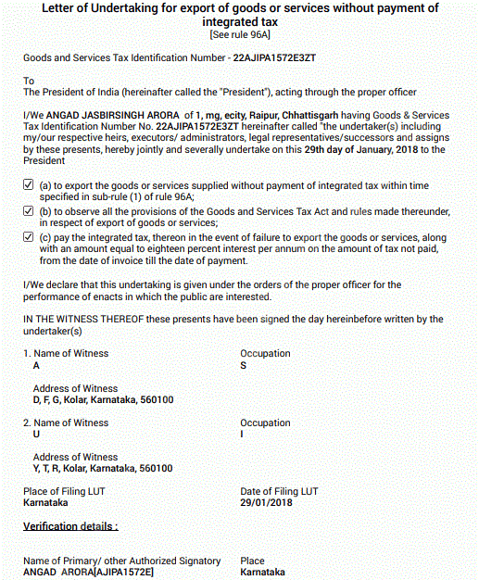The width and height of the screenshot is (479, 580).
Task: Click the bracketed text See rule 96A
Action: point(241,34)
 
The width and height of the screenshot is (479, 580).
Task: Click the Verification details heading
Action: point(70,526)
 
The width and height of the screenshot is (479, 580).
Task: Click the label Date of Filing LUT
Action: point(279,491)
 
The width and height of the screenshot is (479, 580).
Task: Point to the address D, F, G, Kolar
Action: point(103,400)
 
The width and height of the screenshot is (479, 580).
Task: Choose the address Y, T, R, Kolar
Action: point(103,469)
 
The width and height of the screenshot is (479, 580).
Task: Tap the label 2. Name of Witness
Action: point(66,423)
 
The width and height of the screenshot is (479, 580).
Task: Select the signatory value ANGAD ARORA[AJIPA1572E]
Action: point(88,573)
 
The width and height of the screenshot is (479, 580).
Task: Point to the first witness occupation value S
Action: point(244,366)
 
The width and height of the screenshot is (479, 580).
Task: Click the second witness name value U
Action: point(37,435)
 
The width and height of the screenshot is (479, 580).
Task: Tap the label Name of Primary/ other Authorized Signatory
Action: point(121,561)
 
